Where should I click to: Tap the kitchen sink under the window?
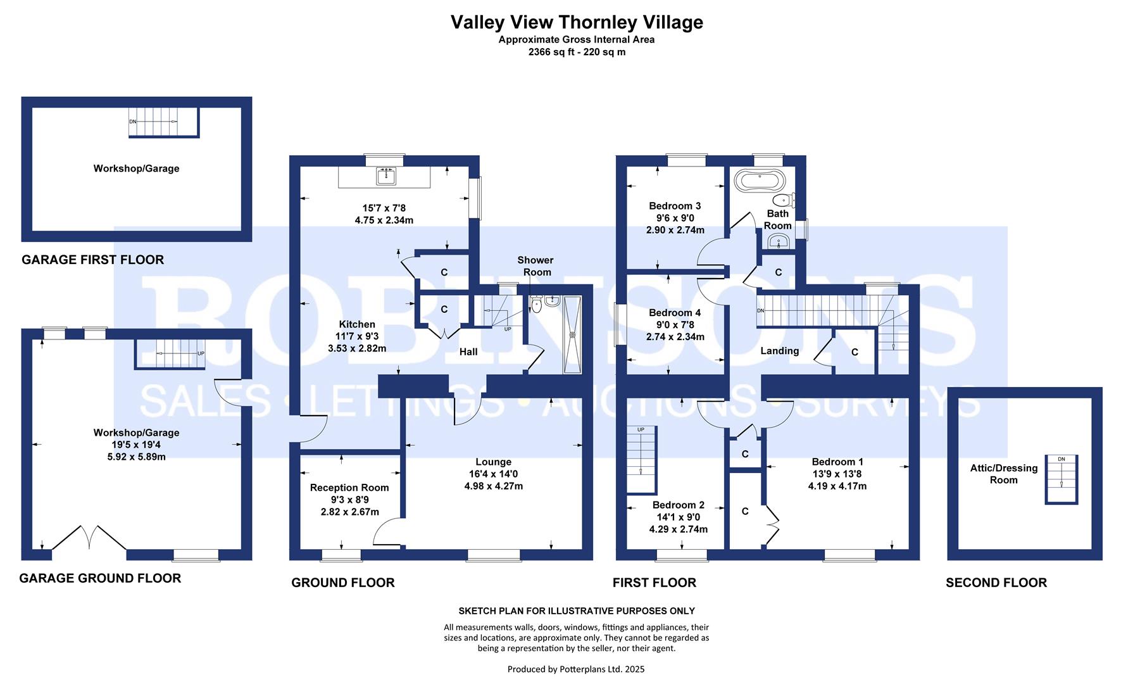click(385, 177)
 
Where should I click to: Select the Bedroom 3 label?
click(675, 206)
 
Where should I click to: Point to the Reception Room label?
click(349, 488)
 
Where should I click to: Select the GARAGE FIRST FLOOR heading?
click(92, 260)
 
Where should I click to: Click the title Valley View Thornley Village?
click(576, 22)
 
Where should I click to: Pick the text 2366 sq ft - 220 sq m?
click(576, 52)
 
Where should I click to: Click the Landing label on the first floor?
click(779, 351)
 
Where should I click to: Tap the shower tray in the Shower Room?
click(572, 335)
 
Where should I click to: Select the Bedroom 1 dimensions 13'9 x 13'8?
click(837, 474)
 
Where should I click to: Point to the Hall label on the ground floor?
click(468, 351)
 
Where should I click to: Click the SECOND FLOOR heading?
click(996, 583)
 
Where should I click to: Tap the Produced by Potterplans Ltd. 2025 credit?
click(576, 669)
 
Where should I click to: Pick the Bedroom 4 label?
click(675, 313)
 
